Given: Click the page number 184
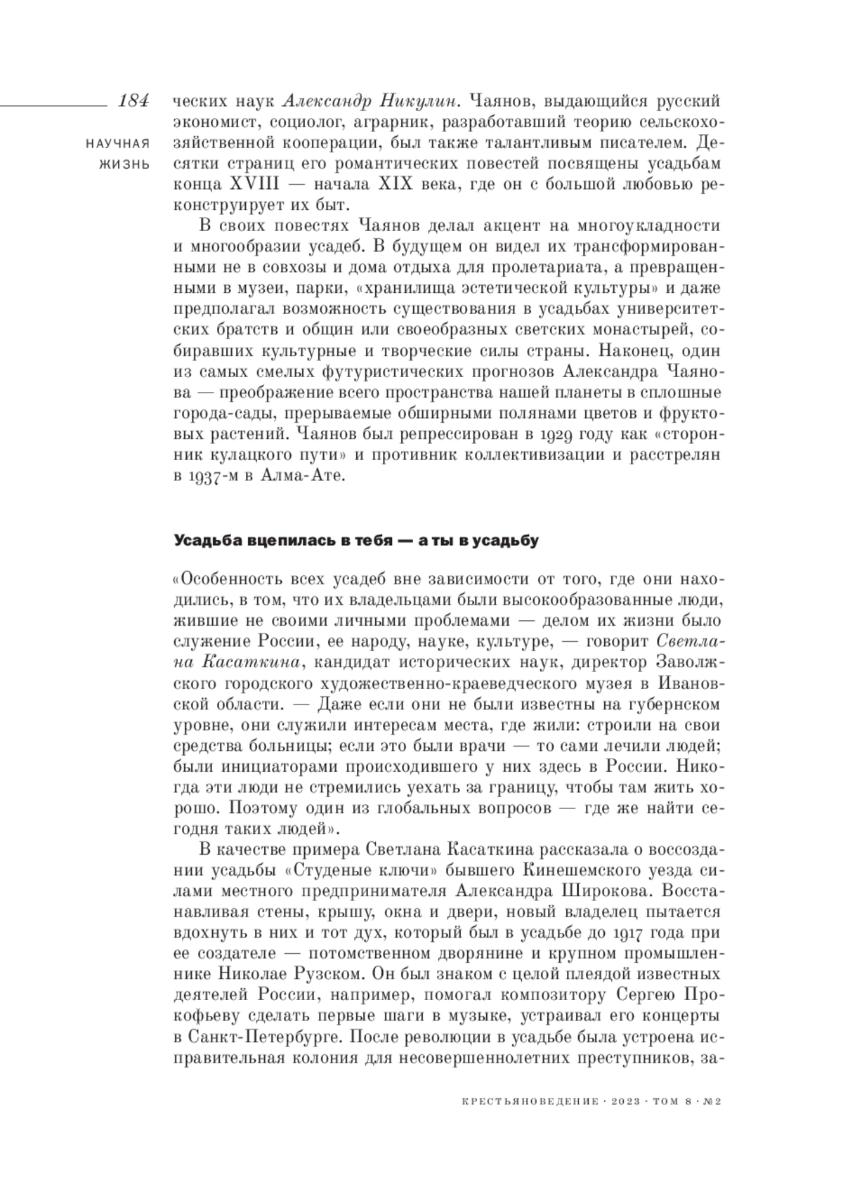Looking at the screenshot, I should pyautogui.click(x=133, y=101).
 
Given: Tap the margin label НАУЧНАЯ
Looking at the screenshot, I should pyautogui.click(x=117, y=144).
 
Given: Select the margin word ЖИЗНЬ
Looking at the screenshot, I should pyautogui.click(x=128, y=165).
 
